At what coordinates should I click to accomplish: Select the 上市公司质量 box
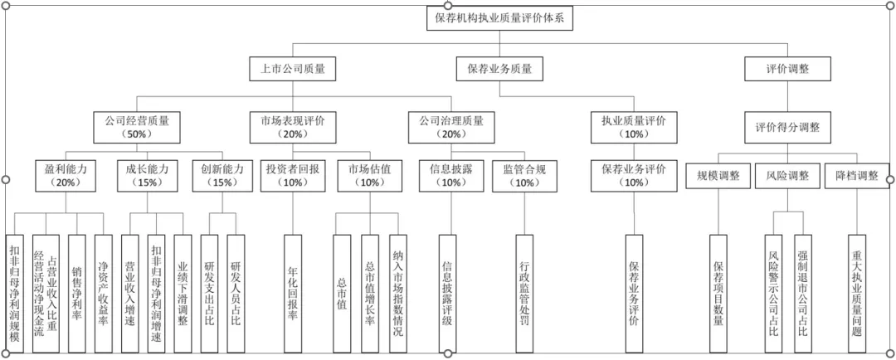point(294,69)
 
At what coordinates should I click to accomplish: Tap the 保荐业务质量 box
point(499,69)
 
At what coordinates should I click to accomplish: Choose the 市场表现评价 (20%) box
point(293,126)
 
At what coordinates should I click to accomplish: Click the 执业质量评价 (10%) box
point(633,126)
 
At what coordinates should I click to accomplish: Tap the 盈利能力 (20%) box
point(66,174)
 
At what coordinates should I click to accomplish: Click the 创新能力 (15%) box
point(222,174)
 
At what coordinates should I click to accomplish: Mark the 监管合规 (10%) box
point(524,174)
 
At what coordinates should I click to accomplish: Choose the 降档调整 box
point(856,175)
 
